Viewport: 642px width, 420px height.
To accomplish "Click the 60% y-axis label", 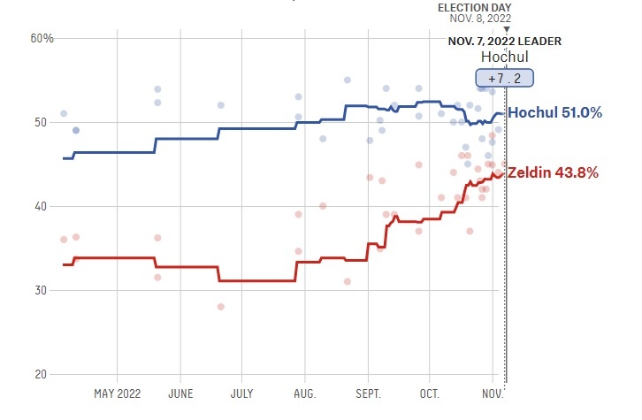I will [x=42, y=38].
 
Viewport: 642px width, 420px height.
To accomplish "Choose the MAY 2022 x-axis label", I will [x=118, y=393].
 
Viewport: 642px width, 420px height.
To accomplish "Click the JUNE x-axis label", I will [x=180, y=393].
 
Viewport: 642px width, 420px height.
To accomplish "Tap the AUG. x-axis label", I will [x=304, y=393].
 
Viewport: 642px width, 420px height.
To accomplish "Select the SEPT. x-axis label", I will [x=368, y=393].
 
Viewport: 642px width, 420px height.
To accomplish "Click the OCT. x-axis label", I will [x=430, y=393].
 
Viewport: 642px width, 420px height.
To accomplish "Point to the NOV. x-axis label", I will [x=493, y=393].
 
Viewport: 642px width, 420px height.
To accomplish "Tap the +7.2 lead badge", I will [x=504, y=77].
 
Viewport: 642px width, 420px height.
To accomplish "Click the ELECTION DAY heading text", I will [x=475, y=7].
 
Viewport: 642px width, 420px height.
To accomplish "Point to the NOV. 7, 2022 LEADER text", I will [x=504, y=42].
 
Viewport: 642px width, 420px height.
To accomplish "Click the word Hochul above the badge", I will [x=504, y=57].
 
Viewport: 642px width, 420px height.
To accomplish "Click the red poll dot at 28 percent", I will [x=220, y=307].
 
